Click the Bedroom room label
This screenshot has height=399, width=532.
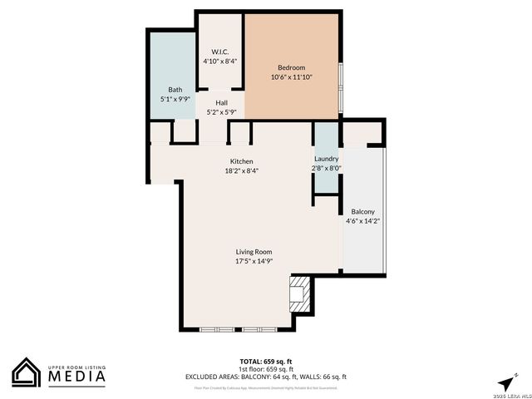pos(292,67)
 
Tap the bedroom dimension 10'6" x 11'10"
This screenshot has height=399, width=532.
pos(292,77)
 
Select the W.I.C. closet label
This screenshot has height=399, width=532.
pos(219,51)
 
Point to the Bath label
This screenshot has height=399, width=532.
pos(175,90)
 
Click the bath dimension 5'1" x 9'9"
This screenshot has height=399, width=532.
pos(175,99)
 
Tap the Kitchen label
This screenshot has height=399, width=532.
pos(242,161)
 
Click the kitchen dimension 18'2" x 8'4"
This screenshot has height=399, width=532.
pos(242,171)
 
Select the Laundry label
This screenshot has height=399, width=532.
pos(327,158)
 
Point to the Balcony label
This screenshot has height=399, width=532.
pos(362,211)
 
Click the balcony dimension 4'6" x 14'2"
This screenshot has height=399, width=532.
pos(362,221)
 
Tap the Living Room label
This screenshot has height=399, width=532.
pos(254,251)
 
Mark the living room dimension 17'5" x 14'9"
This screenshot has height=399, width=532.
pos(254,261)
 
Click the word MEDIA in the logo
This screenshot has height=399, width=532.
pos(75,377)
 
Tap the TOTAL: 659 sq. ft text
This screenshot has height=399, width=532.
pos(265,362)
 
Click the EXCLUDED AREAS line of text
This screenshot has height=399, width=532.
pos(265,377)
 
